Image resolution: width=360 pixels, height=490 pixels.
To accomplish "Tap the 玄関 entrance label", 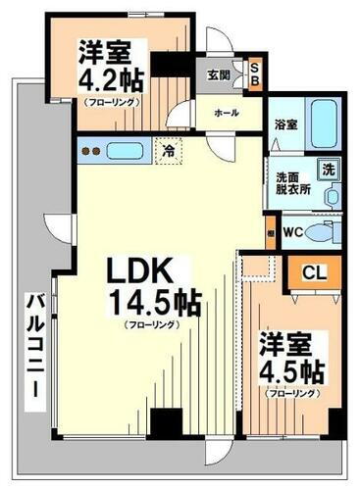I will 218,73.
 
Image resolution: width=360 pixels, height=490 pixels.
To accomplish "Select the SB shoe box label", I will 254,73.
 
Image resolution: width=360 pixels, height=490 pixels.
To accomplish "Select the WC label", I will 290,232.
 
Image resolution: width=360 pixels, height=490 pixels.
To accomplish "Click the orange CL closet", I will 313,271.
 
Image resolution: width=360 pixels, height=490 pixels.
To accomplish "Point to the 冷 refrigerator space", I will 169,152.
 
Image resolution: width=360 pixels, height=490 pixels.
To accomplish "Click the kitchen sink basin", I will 125,152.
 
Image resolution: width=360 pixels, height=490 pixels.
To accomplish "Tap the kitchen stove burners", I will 89,152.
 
